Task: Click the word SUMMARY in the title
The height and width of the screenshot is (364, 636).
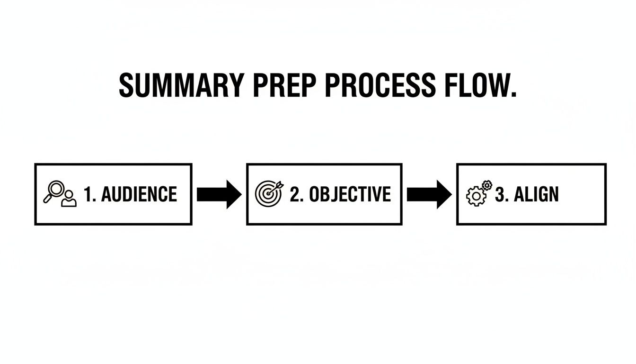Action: point(181,86)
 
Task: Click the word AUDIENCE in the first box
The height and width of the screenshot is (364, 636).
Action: point(139,194)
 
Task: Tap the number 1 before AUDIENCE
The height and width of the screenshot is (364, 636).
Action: point(88,194)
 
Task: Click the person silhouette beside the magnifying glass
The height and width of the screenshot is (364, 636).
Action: point(69,199)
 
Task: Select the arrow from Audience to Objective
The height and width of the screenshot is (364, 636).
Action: point(219,194)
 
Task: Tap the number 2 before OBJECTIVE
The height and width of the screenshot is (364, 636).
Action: point(295,194)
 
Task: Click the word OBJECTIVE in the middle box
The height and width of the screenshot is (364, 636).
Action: point(350,194)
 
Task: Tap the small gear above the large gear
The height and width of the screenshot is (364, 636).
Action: point(486,185)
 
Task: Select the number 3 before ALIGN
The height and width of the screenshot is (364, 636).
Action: point(500,194)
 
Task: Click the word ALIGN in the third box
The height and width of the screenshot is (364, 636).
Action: point(536,194)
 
